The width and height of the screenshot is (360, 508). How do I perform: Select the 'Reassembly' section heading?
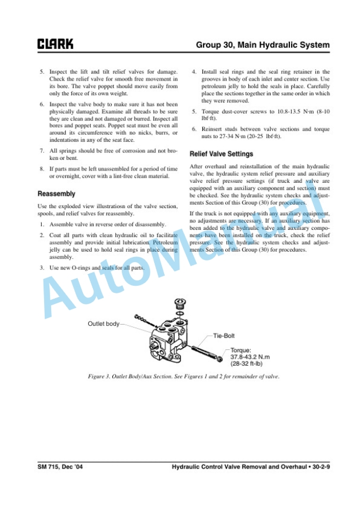[56, 193]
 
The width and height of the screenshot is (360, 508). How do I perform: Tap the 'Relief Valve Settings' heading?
[221, 154]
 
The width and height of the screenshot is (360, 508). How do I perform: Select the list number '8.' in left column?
[42, 169]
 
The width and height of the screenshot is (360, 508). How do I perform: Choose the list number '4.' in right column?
[195, 72]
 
